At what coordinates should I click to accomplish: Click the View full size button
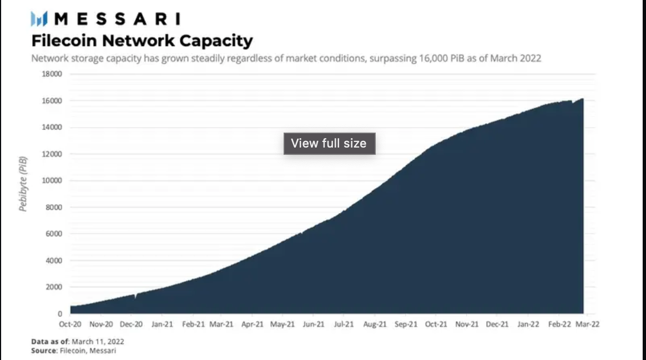[329, 143]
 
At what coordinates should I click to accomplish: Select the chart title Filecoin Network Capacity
[142, 41]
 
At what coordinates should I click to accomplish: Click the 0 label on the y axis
[60, 313]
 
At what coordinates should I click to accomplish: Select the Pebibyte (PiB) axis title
[23, 184]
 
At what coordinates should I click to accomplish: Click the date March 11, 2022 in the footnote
[97, 342]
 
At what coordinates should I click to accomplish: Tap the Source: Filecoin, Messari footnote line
[74, 351]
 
